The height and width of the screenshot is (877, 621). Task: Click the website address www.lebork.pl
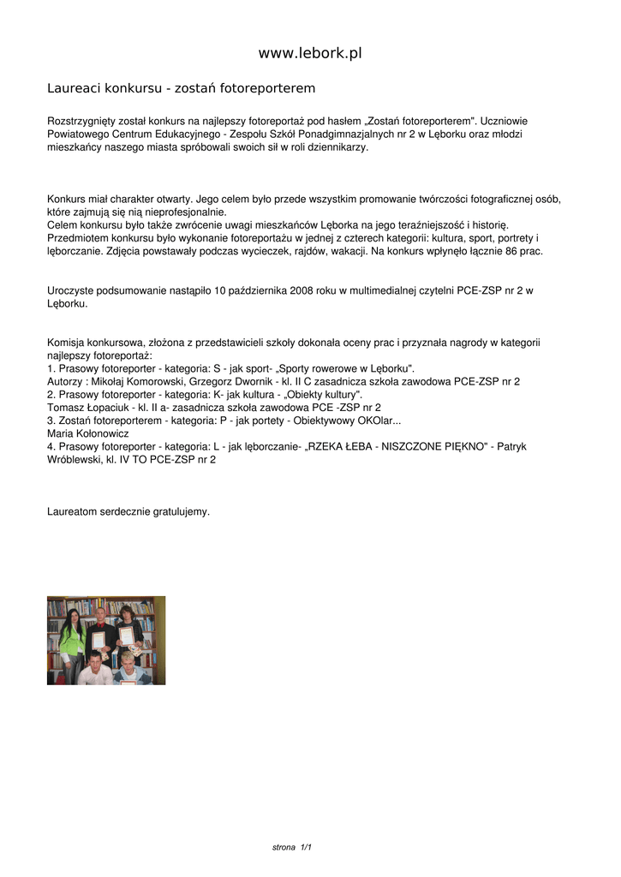[x=310, y=53]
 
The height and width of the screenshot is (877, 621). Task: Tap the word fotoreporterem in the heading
[x=268, y=88]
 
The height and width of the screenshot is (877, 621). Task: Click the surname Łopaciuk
[x=110, y=408]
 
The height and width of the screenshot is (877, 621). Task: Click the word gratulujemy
[x=180, y=511]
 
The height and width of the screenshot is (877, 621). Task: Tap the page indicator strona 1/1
[x=291, y=847]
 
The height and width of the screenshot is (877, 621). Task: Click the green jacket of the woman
[x=71, y=638]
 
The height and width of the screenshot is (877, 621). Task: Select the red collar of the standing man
[x=101, y=624]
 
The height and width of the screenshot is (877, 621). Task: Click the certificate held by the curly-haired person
[x=127, y=635]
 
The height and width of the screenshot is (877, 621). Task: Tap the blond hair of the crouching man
[x=128, y=657]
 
